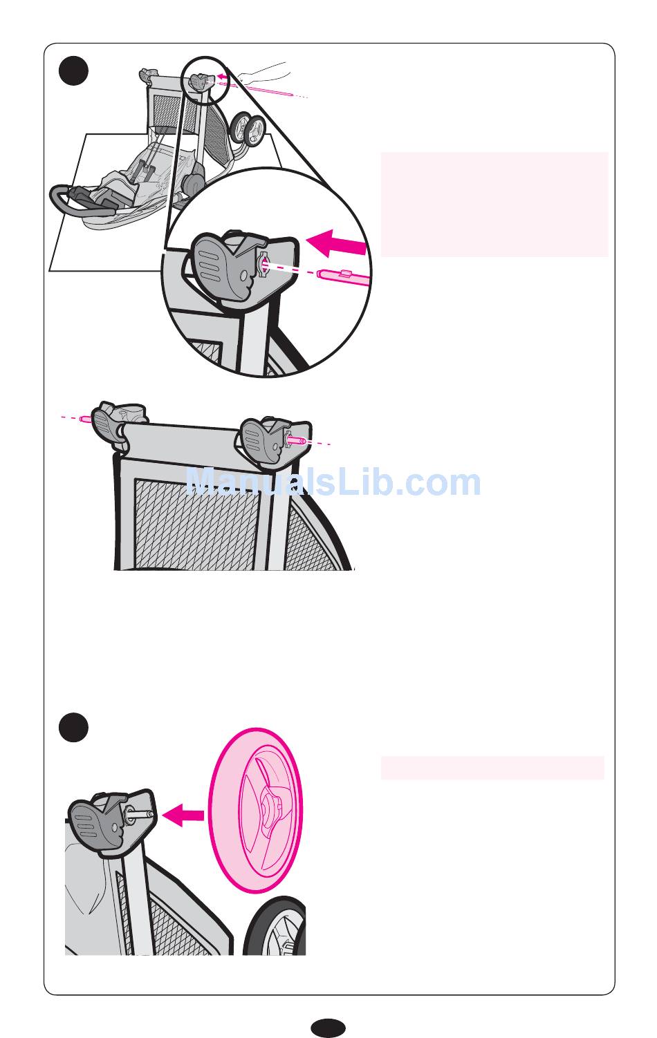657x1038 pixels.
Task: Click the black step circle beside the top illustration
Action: [74, 71]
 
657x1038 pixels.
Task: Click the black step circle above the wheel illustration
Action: [74, 727]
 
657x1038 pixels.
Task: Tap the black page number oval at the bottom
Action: [328, 1028]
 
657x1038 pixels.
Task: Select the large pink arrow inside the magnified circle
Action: [337, 243]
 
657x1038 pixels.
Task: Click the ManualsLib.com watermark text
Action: [333, 482]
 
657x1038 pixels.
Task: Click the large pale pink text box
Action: [494, 205]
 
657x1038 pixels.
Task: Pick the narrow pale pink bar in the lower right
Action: [492, 768]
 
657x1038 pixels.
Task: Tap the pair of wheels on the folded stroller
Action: [248, 129]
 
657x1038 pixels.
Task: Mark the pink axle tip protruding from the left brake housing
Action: [86, 419]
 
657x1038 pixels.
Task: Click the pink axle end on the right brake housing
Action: [296, 440]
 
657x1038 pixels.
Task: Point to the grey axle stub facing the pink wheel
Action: [140, 813]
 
